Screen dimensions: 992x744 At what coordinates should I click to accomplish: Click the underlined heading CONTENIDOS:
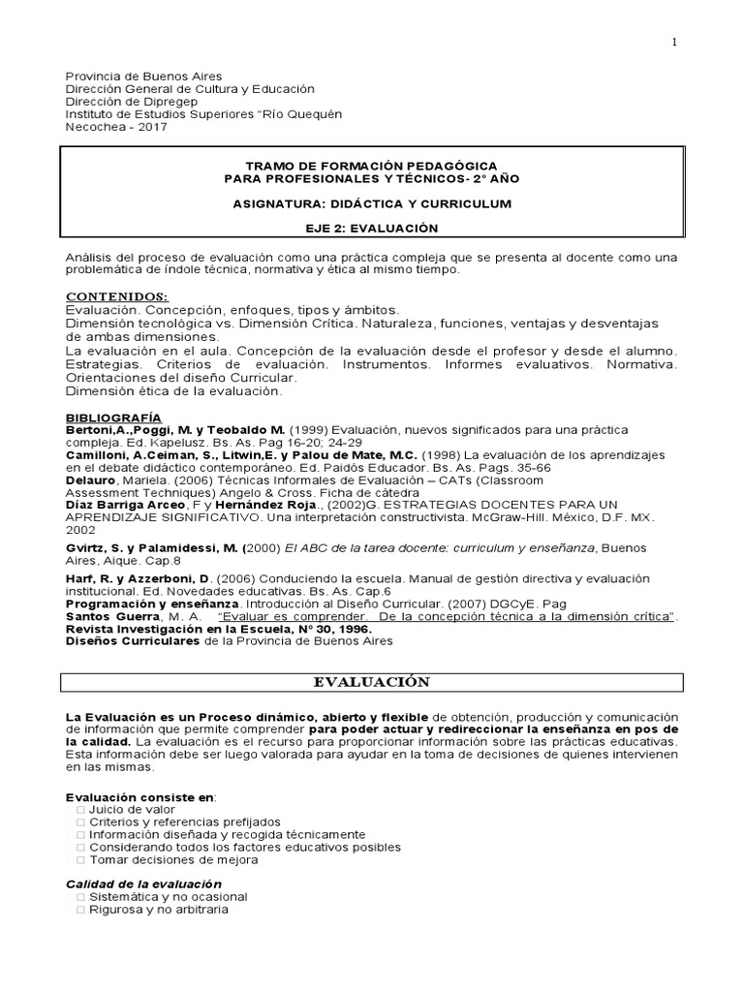[x=116, y=295]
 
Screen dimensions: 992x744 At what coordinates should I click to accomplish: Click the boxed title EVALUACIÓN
[x=372, y=683]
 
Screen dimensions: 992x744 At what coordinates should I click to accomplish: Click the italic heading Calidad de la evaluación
[x=143, y=883]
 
